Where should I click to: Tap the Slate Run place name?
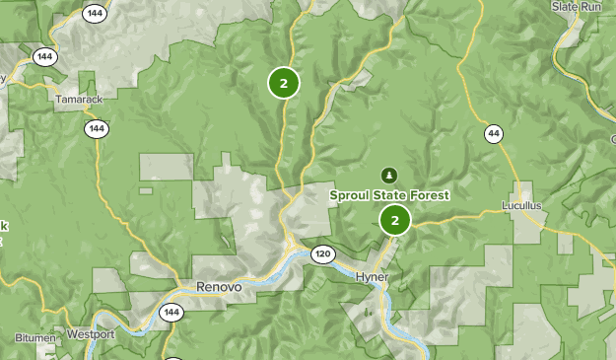click(x=577, y=6)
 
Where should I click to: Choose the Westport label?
click(x=91, y=334)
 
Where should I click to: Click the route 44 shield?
click(x=493, y=133)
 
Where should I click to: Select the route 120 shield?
click(x=322, y=254)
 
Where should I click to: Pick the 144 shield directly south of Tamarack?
click(x=96, y=128)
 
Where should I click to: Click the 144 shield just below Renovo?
click(x=171, y=313)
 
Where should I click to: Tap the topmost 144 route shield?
click(x=95, y=14)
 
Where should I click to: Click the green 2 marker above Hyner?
click(x=395, y=220)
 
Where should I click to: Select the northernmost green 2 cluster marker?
click(x=284, y=83)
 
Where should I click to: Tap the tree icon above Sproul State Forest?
click(x=390, y=176)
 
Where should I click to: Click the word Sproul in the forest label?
click(x=350, y=195)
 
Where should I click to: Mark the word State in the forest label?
click(x=389, y=195)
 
